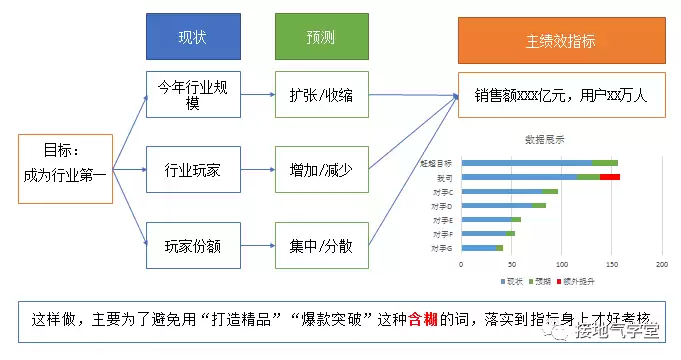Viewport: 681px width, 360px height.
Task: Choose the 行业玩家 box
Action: click(x=193, y=169)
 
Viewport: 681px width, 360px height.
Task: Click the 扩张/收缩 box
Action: click(x=321, y=97)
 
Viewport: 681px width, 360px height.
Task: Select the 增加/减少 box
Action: click(x=321, y=169)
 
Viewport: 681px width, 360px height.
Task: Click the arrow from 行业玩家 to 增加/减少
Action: click(x=257, y=169)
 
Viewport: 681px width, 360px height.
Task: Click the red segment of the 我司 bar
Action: click(x=609, y=176)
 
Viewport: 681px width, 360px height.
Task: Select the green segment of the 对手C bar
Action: click(x=551, y=190)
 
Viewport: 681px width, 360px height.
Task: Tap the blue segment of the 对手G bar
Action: click(x=478, y=246)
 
